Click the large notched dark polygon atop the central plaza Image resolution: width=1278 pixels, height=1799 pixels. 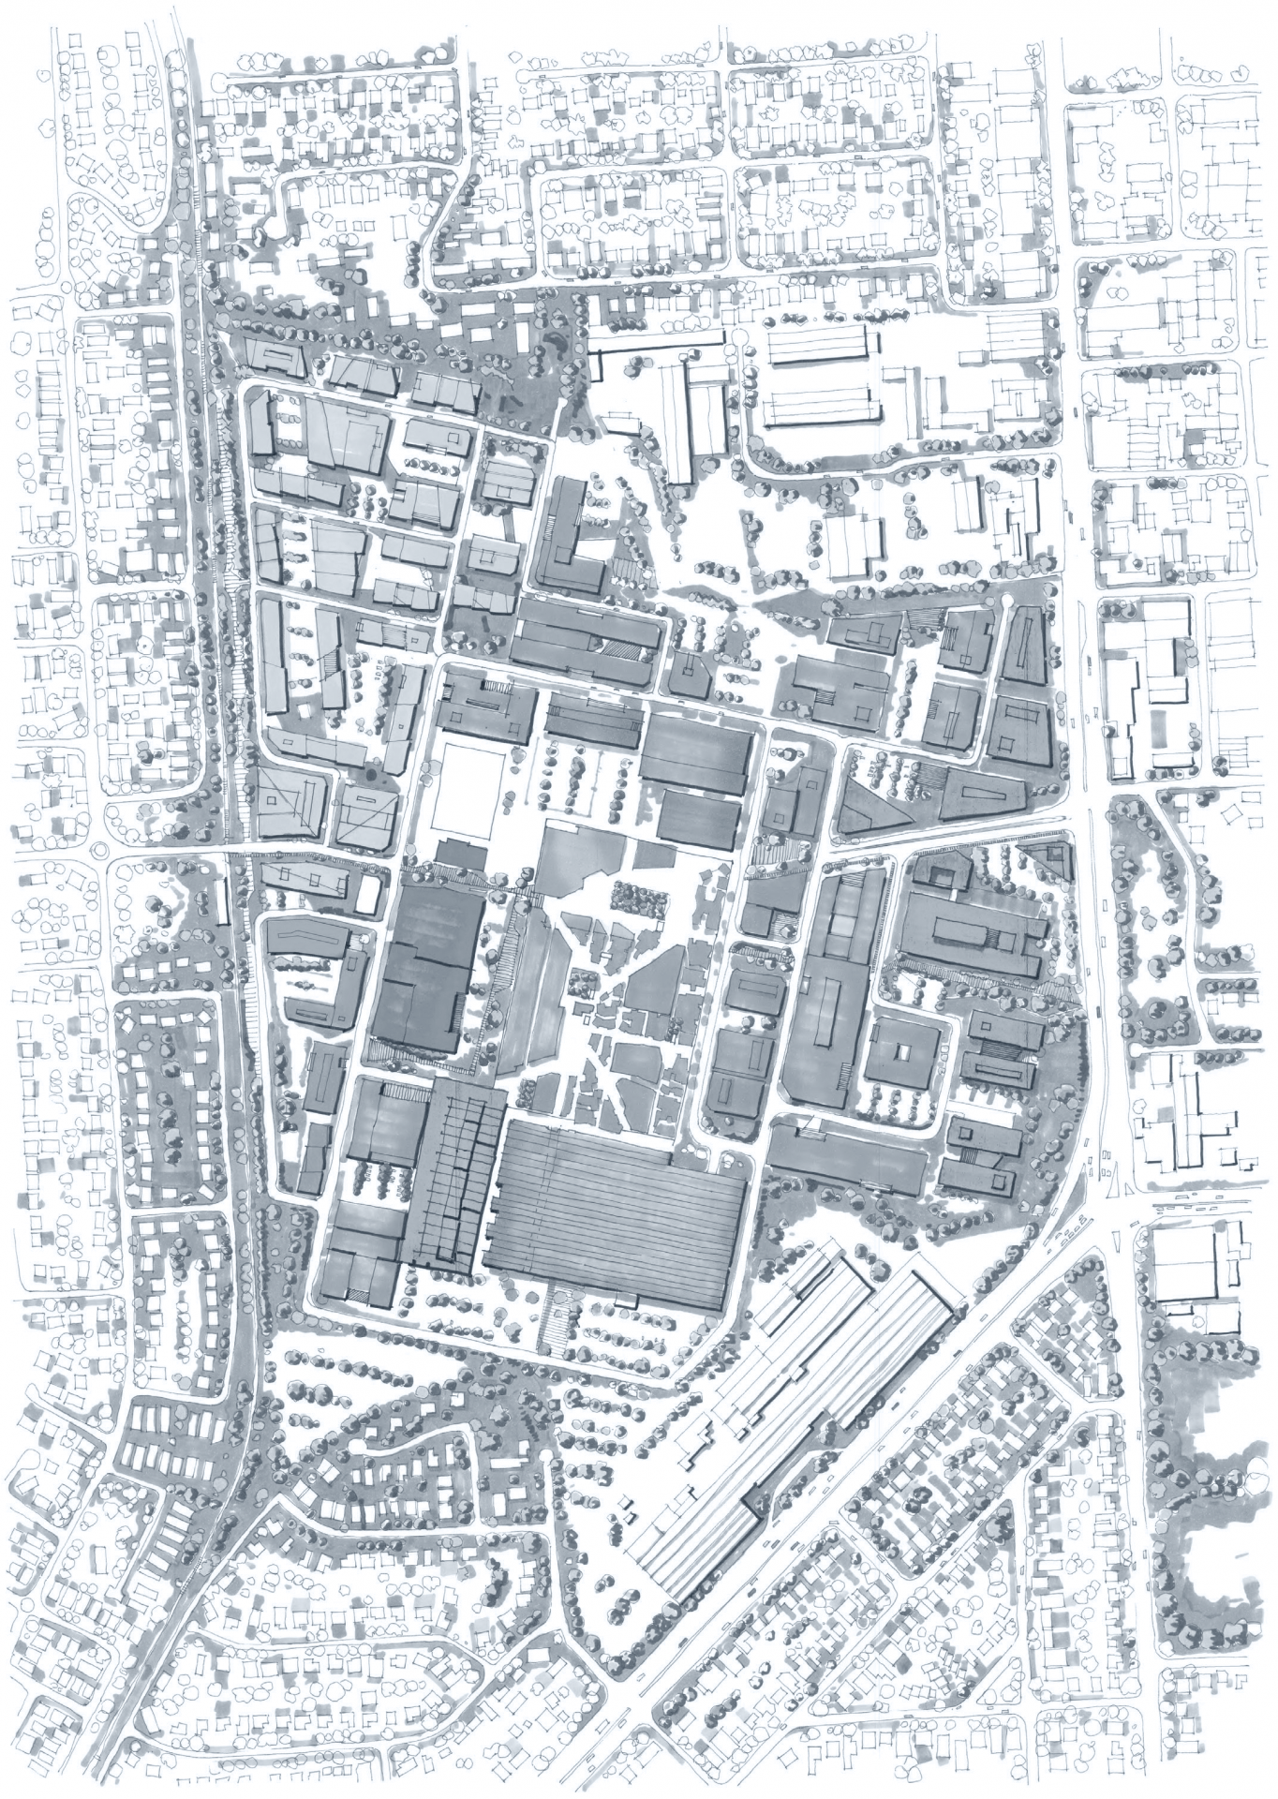pos(580,857)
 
